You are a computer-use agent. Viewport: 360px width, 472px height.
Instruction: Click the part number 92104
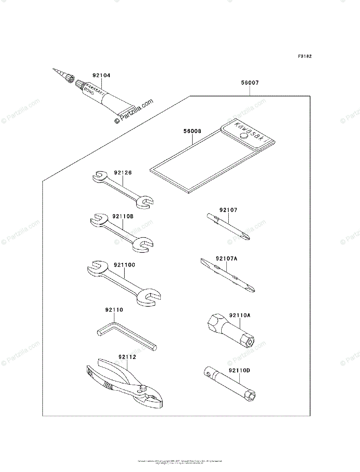(x=101, y=75)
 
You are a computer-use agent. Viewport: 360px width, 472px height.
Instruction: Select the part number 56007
(x=250, y=83)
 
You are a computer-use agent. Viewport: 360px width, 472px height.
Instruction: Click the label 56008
(x=192, y=131)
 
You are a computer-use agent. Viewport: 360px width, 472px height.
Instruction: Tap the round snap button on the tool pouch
(x=244, y=135)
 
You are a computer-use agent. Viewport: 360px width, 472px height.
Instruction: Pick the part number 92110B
(x=123, y=216)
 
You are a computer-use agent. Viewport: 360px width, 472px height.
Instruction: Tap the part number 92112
(x=127, y=357)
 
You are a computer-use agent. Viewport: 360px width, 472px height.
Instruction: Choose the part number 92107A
(x=226, y=258)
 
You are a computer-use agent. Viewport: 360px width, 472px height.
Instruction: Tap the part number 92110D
(x=239, y=370)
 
